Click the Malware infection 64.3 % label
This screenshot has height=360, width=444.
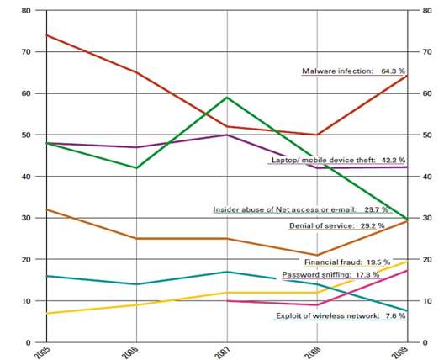(354, 72)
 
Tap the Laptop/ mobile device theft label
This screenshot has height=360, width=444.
(338, 160)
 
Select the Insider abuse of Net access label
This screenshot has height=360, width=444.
(309, 209)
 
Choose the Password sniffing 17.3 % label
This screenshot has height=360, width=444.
(343, 275)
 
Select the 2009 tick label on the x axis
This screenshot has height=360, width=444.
(407, 352)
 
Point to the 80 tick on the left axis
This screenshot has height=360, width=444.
(26, 11)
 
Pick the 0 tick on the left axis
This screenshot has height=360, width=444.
(29, 342)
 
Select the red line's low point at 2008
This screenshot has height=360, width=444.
(315, 135)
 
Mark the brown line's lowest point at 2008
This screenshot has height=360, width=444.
(315, 255)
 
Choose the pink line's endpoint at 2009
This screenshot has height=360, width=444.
(407, 270)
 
